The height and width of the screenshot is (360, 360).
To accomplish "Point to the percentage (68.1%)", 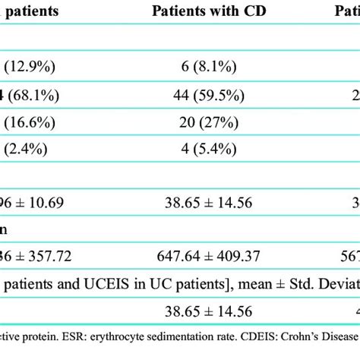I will (32, 97).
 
